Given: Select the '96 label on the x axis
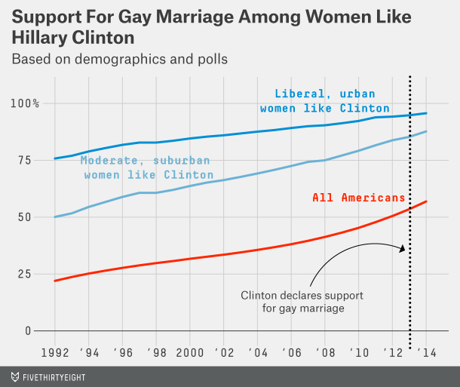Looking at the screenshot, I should (124, 353).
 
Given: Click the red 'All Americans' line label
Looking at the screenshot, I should (359, 198).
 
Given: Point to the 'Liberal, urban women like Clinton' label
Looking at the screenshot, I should (325, 101).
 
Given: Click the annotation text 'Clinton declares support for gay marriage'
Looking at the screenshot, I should (294, 302).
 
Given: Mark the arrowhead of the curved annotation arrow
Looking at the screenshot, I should (403, 249).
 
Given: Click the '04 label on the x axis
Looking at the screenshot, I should (259, 353).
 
